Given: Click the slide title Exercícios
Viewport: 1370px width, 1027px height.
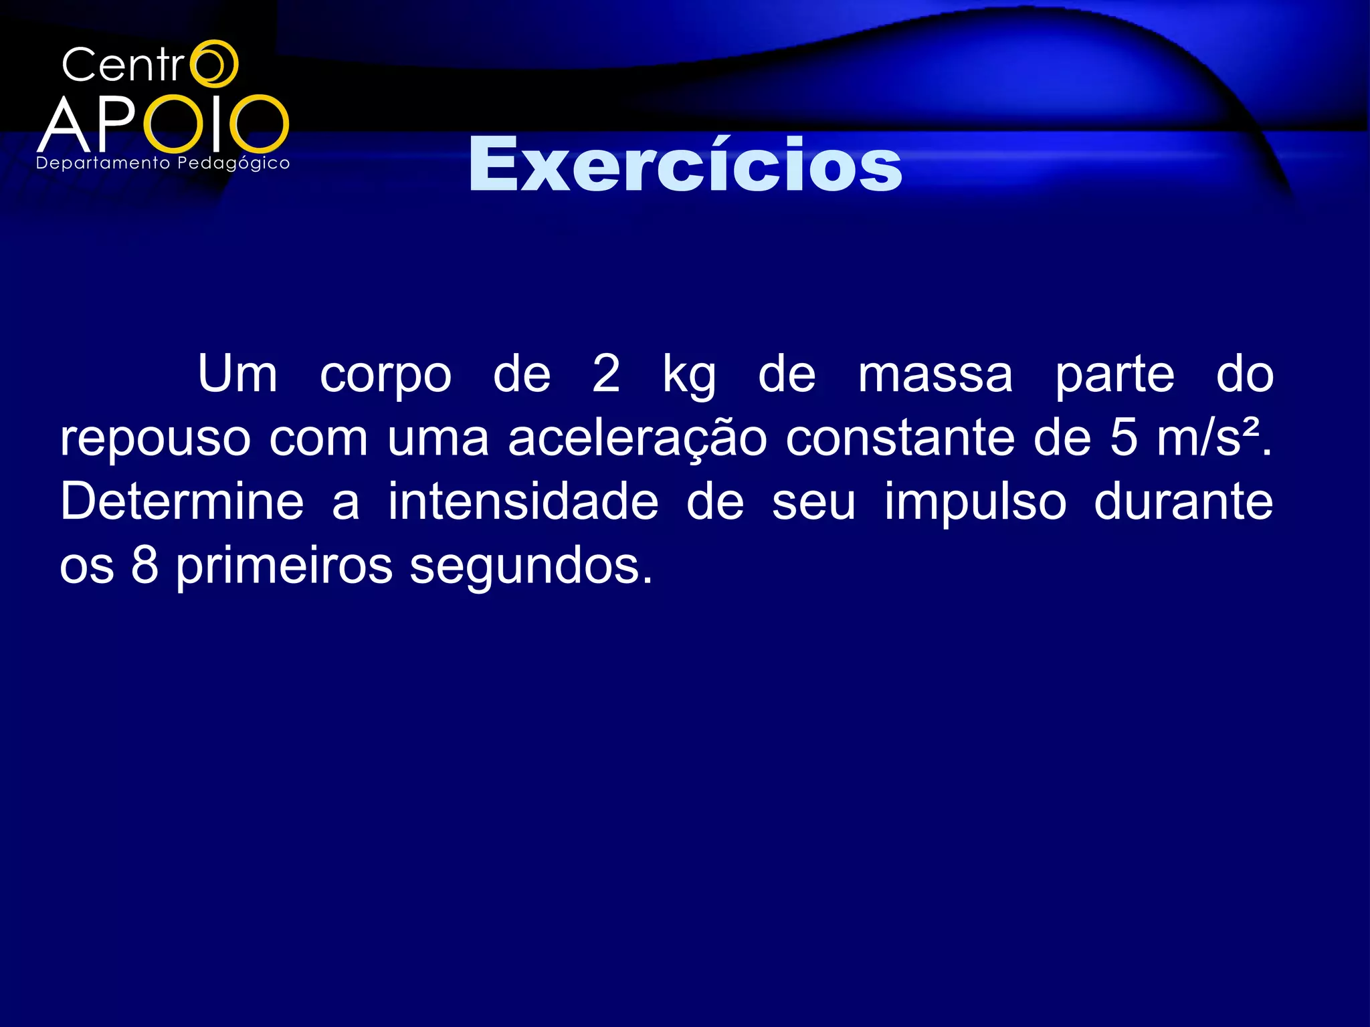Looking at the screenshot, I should pyautogui.click(x=685, y=164).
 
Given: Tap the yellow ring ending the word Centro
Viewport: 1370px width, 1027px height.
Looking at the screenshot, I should pyautogui.click(x=214, y=64).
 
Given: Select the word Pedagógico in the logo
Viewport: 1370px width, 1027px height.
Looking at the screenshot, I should pyautogui.click(x=233, y=164).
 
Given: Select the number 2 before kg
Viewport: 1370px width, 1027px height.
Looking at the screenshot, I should pyautogui.click(x=606, y=374).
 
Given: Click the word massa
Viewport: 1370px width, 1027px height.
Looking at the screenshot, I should pyautogui.click(x=935, y=374).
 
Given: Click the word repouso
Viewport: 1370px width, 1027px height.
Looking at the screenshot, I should pyautogui.click(x=155, y=440).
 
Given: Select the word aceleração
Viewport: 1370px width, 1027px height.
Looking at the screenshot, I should pyautogui.click(x=637, y=439).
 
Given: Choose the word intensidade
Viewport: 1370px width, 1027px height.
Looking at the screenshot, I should pyautogui.click(x=523, y=501).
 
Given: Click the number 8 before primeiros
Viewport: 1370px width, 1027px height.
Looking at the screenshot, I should pyautogui.click(x=144, y=566).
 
